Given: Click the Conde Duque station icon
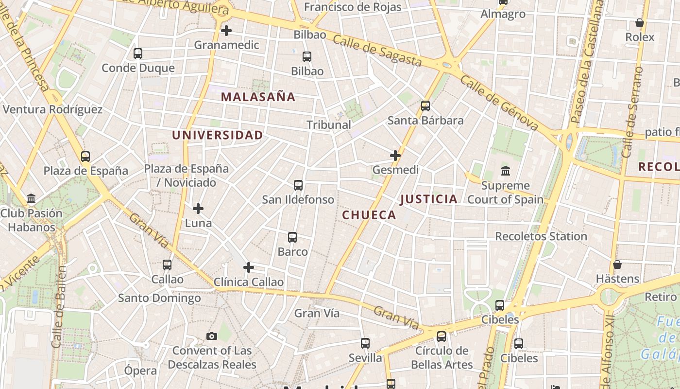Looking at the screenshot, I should pyautogui.click(x=138, y=53).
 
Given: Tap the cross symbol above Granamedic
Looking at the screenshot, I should pyautogui.click(x=226, y=31).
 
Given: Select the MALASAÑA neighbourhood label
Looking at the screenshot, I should pyautogui.click(x=258, y=97).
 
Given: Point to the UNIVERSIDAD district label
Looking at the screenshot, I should pyautogui.click(x=218, y=135).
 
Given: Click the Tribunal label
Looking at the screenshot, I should pyautogui.click(x=329, y=124).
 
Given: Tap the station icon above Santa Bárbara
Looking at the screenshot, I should pyautogui.click(x=425, y=106).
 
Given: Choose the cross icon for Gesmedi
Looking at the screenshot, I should pyautogui.click(x=395, y=156).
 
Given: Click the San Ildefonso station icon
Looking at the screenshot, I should pyautogui.click(x=298, y=185).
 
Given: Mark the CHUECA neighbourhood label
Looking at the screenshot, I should pyautogui.click(x=369, y=215).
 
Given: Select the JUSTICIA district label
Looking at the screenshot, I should pyautogui.click(x=428, y=199).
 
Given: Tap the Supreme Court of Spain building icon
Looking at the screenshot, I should pyautogui.click(x=506, y=171).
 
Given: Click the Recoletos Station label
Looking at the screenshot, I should pyautogui.click(x=541, y=236).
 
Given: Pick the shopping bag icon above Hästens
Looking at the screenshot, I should pyautogui.click(x=617, y=265).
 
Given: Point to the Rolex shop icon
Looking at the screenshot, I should pyautogui.click(x=640, y=23).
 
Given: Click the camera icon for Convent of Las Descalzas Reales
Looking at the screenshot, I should pyautogui.click(x=212, y=336).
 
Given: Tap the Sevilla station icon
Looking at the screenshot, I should pyautogui.click(x=365, y=343).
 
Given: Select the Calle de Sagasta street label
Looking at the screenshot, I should pyautogui.click(x=377, y=51).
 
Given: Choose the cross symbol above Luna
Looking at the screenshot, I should pyautogui.click(x=198, y=209).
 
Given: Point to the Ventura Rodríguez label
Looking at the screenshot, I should pyautogui.click(x=53, y=109).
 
